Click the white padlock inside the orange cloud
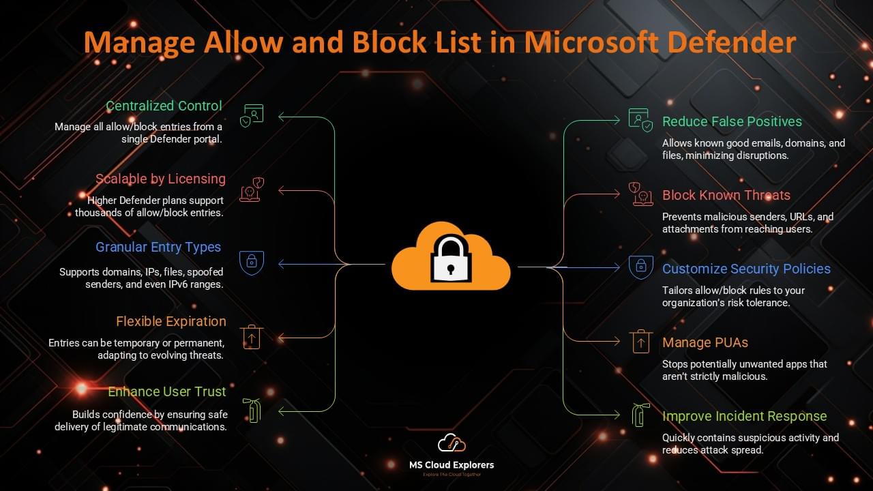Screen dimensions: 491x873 pyautogui.click(x=450, y=260)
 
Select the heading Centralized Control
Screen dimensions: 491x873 pyautogui.click(x=164, y=106)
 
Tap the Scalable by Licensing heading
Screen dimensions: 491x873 pyautogui.click(x=160, y=179)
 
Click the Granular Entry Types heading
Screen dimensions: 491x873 pyautogui.click(x=158, y=247)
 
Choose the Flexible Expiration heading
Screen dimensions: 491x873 pyautogui.click(x=171, y=321)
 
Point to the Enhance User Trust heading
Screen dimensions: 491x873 pyautogui.click(x=166, y=391)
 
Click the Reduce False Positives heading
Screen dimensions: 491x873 pyautogui.click(x=732, y=121)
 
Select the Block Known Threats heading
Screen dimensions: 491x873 pyautogui.click(x=726, y=195)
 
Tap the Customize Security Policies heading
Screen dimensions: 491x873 pyautogui.click(x=746, y=269)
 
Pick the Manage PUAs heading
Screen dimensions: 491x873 pyautogui.click(x=705, y=342)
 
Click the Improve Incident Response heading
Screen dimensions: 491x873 pyautogui.click(x=744, y=416)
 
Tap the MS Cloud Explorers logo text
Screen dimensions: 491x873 pyautogui.click(x=451, y=465)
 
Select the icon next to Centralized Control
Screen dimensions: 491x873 pyautogui.click(x=252, y=115)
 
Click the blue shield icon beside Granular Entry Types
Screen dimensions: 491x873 pyautogui.click(x=252, y=263)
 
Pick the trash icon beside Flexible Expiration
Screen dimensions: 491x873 pyautogui.click(x=252, y=336)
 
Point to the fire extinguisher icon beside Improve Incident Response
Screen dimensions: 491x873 pyautogui.click(x=639, y=415)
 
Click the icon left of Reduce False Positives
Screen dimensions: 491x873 pyautogui.click(x=640, y=121)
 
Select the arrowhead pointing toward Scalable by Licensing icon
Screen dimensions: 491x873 pyautogui.click(x=282, y=190)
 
